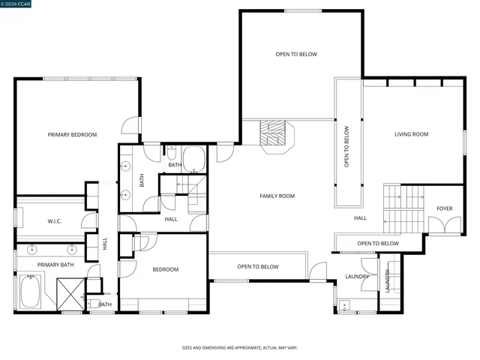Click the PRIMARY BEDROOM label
[72, 135]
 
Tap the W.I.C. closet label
[54, 221]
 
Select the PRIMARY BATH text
[55, 265]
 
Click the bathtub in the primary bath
[30, 292]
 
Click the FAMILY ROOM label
[277, 196]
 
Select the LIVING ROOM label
[411, 135]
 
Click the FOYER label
[445, 209]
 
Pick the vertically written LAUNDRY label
[387, 282]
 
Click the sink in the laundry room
[344, 304]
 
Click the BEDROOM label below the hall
[166, 269]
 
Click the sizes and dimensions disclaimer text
[240, 348]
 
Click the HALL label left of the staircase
[360, 218]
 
